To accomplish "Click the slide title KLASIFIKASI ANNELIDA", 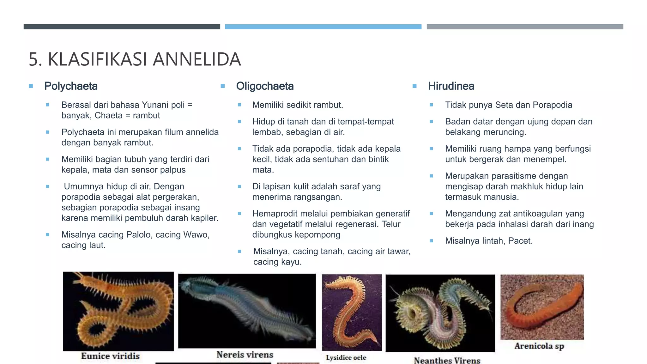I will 135,59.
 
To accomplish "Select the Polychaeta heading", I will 71,86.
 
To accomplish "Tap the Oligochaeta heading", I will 265,86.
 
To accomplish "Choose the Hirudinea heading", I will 451,86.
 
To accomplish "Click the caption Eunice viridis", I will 110,356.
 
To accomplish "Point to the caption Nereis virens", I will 245,355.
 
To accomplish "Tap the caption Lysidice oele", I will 346,358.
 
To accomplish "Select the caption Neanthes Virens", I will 447,360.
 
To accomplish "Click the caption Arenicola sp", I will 539,346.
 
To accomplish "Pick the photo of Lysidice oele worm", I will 352,312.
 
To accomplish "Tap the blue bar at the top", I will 323,27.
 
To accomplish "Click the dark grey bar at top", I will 122,27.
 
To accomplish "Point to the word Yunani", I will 153,105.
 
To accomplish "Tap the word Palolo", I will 139,235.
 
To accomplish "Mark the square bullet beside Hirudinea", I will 414,86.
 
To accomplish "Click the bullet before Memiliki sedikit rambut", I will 239,105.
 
